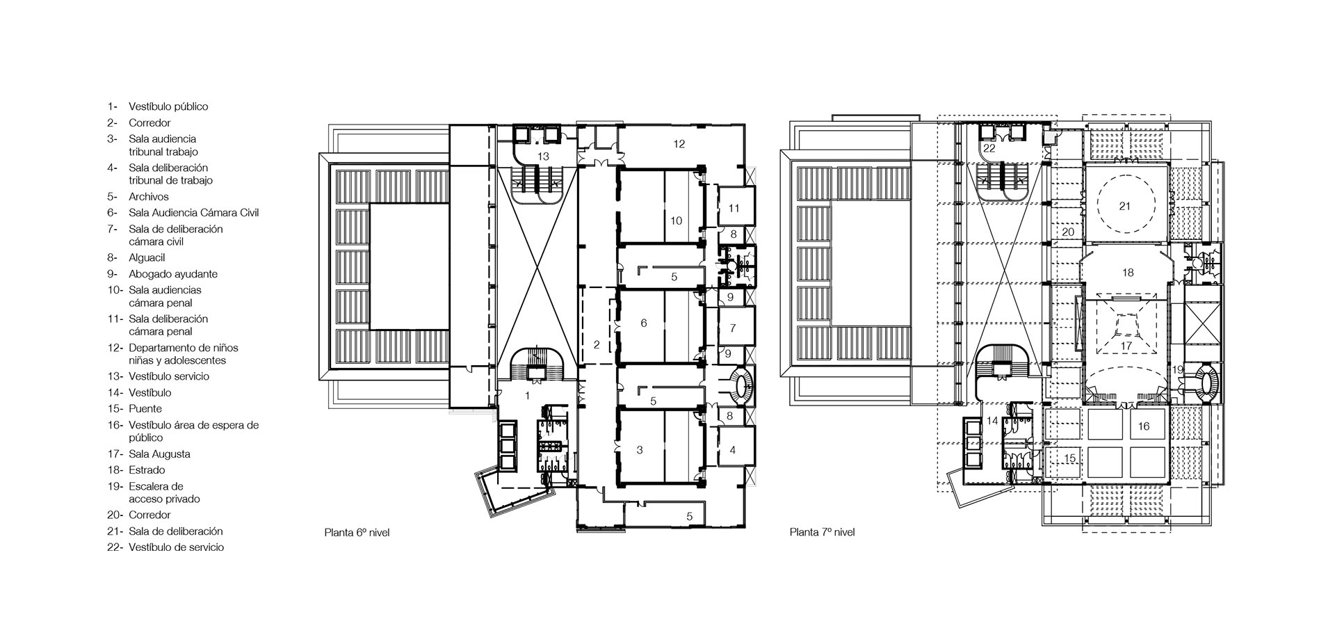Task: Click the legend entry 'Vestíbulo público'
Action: [x=168, y=106]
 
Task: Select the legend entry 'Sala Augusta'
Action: [x=159, y=454]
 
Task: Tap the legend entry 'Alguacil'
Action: [x=147, y=258]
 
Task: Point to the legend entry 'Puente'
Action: [x=145, y=409]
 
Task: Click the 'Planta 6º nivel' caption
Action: [x=357, y=533]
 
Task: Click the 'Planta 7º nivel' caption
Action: [x=822, y=533]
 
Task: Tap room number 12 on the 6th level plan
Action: [x=679, y=144]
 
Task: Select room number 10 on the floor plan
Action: [x=676, y=220]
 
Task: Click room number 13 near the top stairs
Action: [x=544, y=156]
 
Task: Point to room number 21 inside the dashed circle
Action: [x=1125, y=205]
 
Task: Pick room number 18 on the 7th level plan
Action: [x=1128, y=273]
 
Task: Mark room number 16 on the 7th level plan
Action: [x=1144, y=426]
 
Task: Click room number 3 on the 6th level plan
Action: [x=640, y=450]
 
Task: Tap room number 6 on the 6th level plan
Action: [x=644, y=323]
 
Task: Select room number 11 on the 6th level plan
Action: [x=734, y=208]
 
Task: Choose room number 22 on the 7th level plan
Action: [x=989, y=148]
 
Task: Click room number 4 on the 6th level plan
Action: [x=733, y=450]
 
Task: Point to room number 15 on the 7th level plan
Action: [x=1070, y=458]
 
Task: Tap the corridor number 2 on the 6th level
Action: [x=597, y=344]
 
